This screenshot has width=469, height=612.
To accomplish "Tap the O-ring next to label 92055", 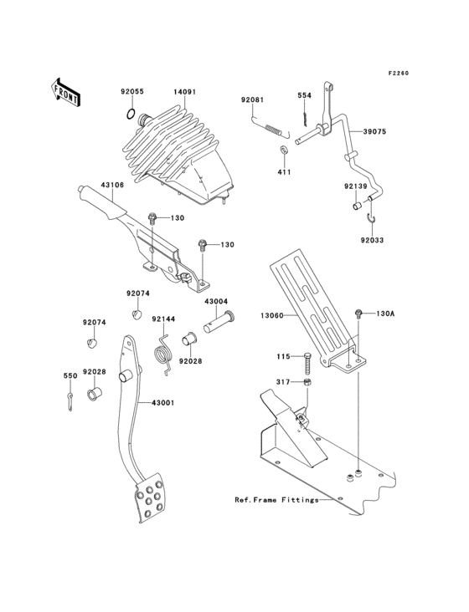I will coord(131,114).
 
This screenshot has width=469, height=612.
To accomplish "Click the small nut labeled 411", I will coord(283,150).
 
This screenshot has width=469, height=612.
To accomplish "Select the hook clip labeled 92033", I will coord(373,220).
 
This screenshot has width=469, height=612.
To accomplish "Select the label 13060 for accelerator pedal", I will coord(272,316).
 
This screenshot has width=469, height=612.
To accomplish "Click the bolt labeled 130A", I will coord(358,314).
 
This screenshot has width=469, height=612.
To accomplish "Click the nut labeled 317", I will coord(307,382).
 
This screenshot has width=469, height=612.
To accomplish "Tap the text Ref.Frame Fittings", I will coord(276,500).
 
